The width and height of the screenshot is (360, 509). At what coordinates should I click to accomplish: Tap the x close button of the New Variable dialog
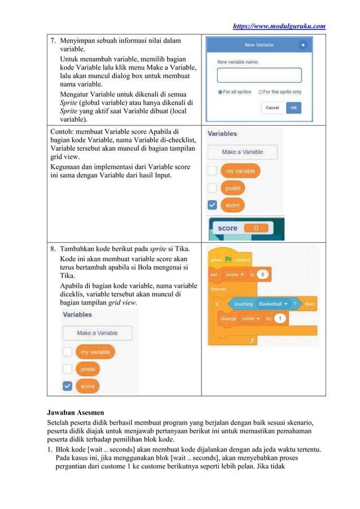click(303, 45)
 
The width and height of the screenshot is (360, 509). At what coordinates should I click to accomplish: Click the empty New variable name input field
click(260, 76)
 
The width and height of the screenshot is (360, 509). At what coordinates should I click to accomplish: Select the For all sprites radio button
click(220, 91)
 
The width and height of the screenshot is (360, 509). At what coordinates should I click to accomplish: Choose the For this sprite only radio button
click(261, 91)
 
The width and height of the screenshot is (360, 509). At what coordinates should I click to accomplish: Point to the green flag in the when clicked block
click(229, 260)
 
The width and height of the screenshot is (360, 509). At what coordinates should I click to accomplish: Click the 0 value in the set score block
click(263, 274)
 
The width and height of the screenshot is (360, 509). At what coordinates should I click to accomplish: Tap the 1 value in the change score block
click(280, 318)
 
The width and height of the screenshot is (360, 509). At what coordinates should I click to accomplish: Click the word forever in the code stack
click(218, 289)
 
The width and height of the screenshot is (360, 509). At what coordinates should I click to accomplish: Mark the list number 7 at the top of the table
click(53, 41)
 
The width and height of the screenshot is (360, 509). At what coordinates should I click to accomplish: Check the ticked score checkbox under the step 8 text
click(67, 386)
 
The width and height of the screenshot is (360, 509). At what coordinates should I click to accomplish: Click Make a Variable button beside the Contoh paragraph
click(242, 152)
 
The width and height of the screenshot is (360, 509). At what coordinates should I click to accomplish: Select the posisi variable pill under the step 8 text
click(87, 369)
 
